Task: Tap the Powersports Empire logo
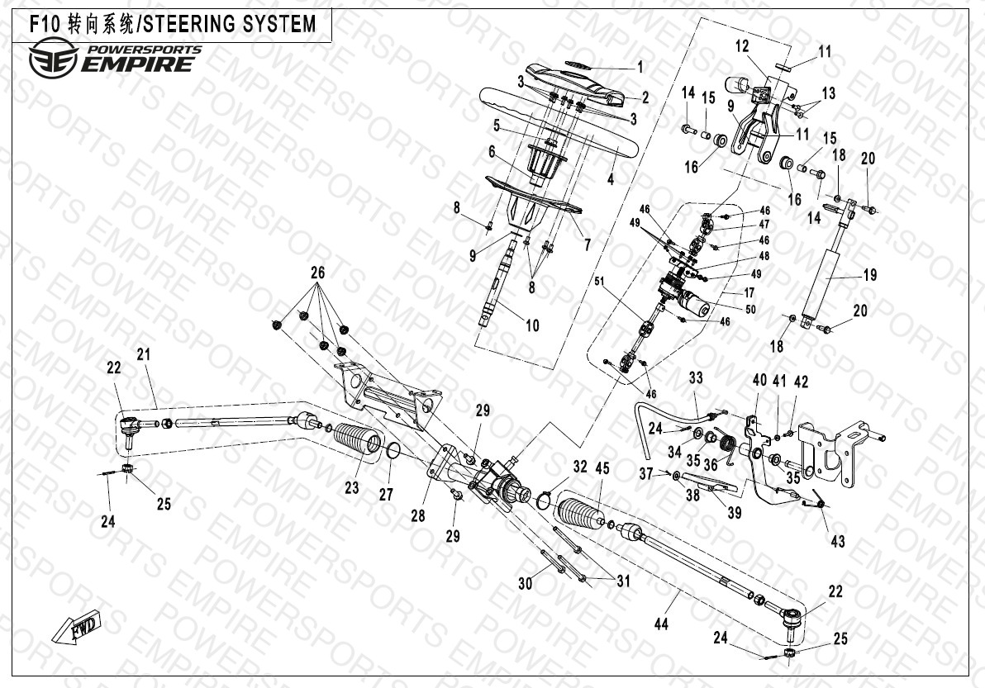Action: [115, 59]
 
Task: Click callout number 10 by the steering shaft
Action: [532, 325]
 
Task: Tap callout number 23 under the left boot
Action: [352, 487]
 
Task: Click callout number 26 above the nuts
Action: [318, 273]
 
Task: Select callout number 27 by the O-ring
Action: [386, 495]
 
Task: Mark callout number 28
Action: [418, 516]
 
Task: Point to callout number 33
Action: [696, 377]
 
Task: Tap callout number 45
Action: [602, 468]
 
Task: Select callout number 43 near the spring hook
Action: [837, 541]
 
